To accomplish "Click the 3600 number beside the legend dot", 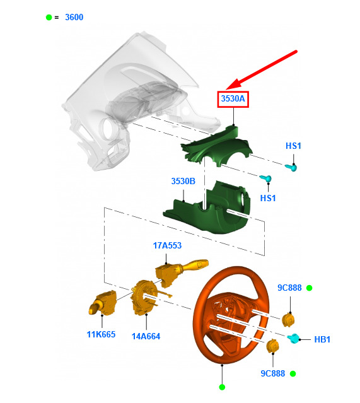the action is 74,17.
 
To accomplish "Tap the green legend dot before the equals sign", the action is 49,17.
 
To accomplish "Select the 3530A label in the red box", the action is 233,98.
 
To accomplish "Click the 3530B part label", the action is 183,181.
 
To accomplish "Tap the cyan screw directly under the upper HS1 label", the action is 291,167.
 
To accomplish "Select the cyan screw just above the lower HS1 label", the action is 266,178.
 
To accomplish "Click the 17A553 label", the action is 167,245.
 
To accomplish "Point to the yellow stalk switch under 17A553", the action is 180,271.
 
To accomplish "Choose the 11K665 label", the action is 101,334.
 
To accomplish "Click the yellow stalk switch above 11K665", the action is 102,303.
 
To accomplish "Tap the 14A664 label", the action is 146,336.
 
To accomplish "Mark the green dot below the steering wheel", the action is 222,387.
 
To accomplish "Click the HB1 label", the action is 322,339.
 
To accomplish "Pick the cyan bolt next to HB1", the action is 293,339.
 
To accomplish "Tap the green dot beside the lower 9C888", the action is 293,374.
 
